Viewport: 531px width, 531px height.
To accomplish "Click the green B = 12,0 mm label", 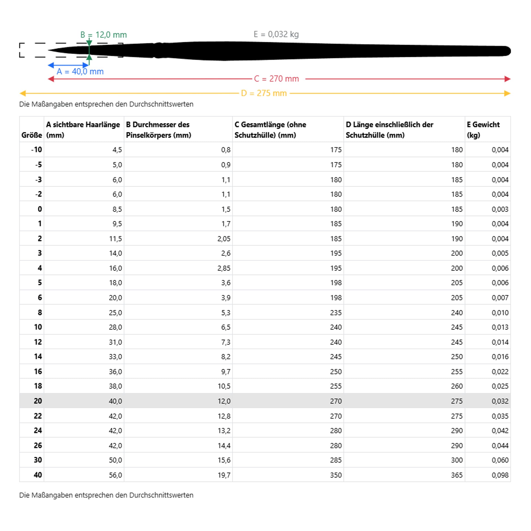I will [104, 35].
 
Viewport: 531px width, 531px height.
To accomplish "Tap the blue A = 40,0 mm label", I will [80, 72].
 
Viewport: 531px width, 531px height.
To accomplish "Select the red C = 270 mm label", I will [276, 79].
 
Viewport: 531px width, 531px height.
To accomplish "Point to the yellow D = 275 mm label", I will [264, 94].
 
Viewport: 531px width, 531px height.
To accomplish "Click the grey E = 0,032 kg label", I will [276, 34].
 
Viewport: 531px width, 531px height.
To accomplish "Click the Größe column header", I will [32, 135].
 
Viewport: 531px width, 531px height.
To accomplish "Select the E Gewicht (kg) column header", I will [483, 130].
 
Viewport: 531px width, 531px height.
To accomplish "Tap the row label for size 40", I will [38, 475].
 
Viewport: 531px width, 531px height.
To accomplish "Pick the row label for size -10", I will [36, 150].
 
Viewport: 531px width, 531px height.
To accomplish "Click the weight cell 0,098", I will [500, 475].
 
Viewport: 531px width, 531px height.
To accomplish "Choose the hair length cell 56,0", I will [115, 475].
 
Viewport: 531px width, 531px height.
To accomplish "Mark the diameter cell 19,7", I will [224, 475].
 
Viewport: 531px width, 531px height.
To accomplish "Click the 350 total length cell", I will [336, 475].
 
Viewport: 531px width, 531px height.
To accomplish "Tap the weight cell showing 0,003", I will [500, 209].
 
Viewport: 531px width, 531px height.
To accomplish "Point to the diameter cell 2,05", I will [224, 238].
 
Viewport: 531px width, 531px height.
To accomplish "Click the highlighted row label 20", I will [38, 401].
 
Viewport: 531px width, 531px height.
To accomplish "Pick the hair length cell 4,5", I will [117, 150].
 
